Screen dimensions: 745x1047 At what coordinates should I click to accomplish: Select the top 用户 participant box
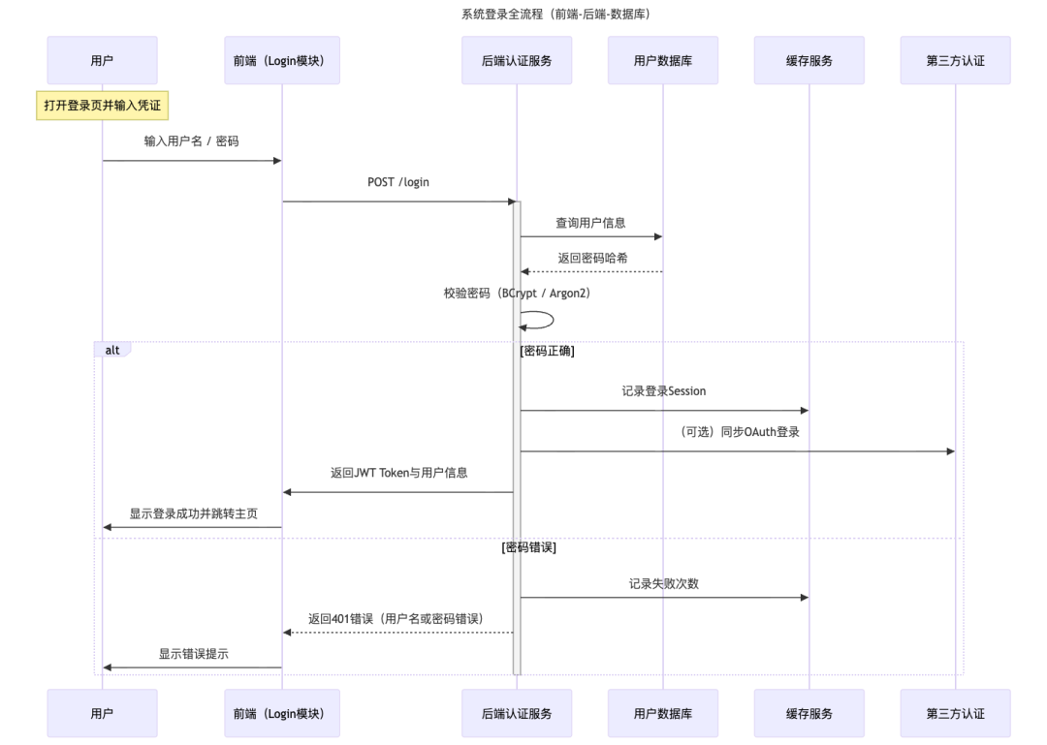[x=102, y=60]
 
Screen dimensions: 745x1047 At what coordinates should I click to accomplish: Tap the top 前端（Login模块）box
[x=282, y=60]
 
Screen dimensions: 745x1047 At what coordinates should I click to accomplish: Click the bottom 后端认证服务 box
[x=517, y=713]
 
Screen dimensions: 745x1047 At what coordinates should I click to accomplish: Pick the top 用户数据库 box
[x=663, y=60]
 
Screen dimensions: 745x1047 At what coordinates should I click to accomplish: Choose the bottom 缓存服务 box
[x=809, y=713]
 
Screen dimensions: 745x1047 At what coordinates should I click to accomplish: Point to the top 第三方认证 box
[x=955, y=60]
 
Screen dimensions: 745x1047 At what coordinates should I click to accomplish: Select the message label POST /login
[x=398, y=182]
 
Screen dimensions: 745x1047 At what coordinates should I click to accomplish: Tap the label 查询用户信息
[x=590, y=223]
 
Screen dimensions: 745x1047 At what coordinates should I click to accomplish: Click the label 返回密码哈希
[x=592, y=258]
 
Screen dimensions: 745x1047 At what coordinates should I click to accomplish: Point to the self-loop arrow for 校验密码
[x=540, y=320]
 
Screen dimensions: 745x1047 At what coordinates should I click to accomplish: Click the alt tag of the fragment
[x=112, y=350]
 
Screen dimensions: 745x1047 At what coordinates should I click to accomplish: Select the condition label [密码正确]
[x=548, y=351]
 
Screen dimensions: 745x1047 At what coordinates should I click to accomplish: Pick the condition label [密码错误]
[x=529, y=546]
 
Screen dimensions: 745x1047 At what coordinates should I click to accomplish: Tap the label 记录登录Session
[x=664, y=391]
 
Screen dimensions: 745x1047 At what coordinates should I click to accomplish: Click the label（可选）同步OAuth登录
[x=740, y=432]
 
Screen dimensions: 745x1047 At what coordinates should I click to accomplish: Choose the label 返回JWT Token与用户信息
[x=399, y=473]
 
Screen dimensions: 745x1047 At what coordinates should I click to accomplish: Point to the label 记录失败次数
[x=664, y=583]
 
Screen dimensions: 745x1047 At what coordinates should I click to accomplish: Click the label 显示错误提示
[x=194, y=654]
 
